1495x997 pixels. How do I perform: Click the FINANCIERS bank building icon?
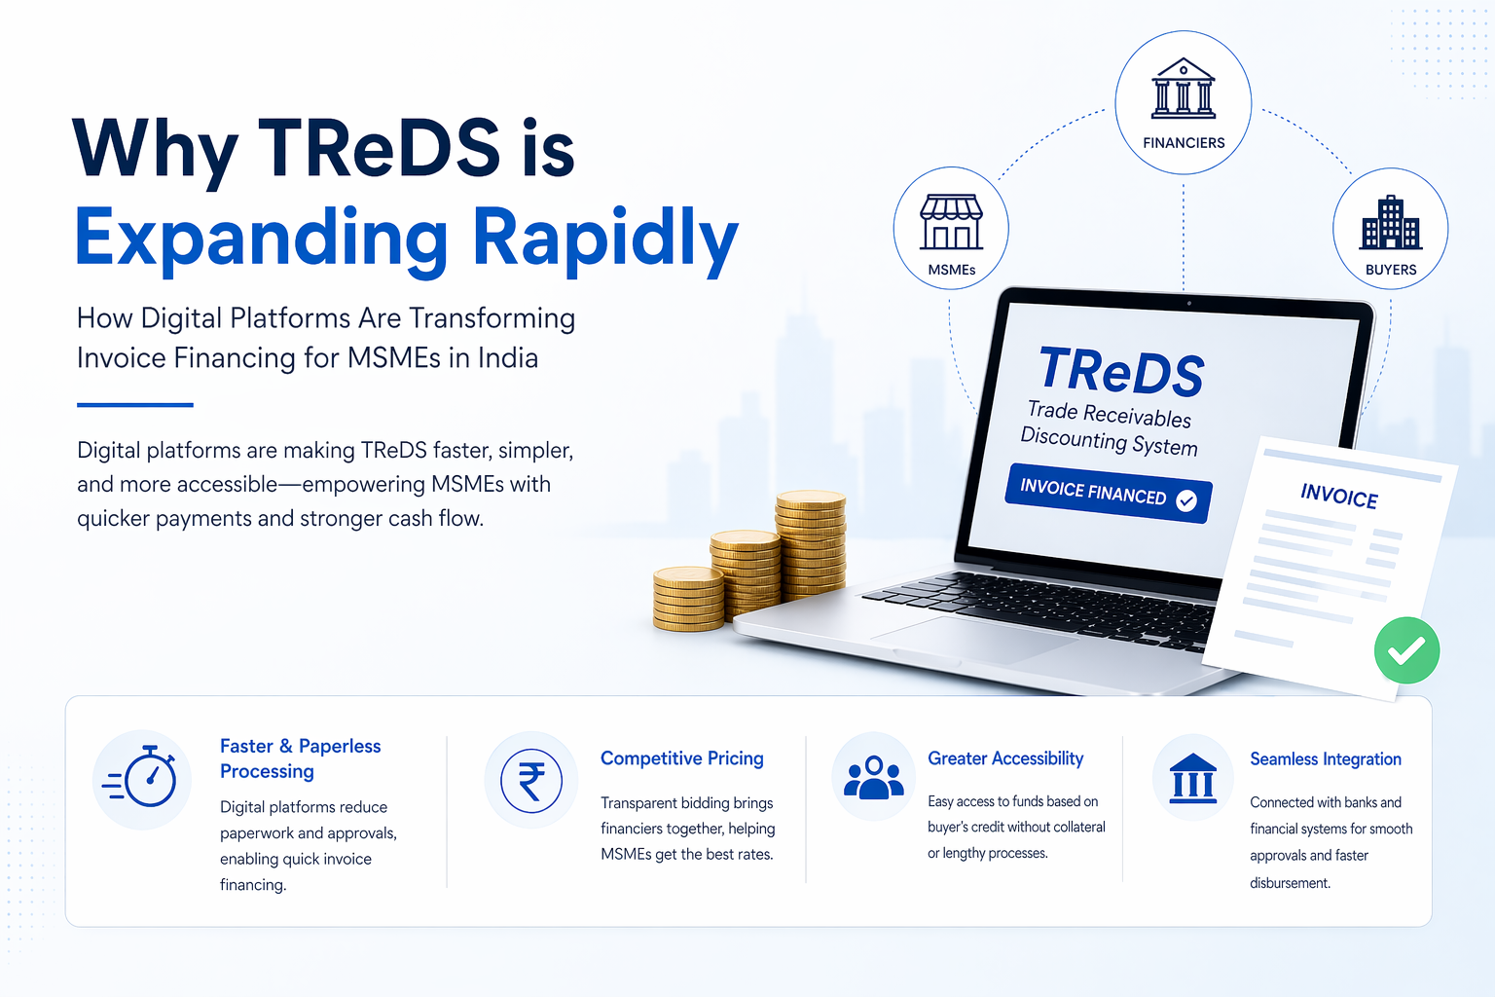(1183, 89)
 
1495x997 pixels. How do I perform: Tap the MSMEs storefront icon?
(951, 221)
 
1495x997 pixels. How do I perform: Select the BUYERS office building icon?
(1390, 223)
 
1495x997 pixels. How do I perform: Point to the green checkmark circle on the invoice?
(1406, 650)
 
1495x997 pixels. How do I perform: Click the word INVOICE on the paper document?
(1338, 496)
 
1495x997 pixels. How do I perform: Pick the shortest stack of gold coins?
(688, 599)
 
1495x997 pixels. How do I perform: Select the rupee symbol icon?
(531, 781)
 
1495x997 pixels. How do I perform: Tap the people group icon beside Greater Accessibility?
(873, 778)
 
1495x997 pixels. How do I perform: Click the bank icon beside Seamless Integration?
(1192, 778)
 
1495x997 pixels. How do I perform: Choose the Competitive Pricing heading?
(681, 758)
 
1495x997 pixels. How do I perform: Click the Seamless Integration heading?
(1325, 759)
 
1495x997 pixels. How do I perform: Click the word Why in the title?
(155, 149)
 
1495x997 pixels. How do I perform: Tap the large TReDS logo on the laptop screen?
(1121, 371)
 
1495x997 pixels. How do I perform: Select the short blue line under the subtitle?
(134, 404)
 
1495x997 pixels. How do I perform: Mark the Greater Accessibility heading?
(1004, 758)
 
